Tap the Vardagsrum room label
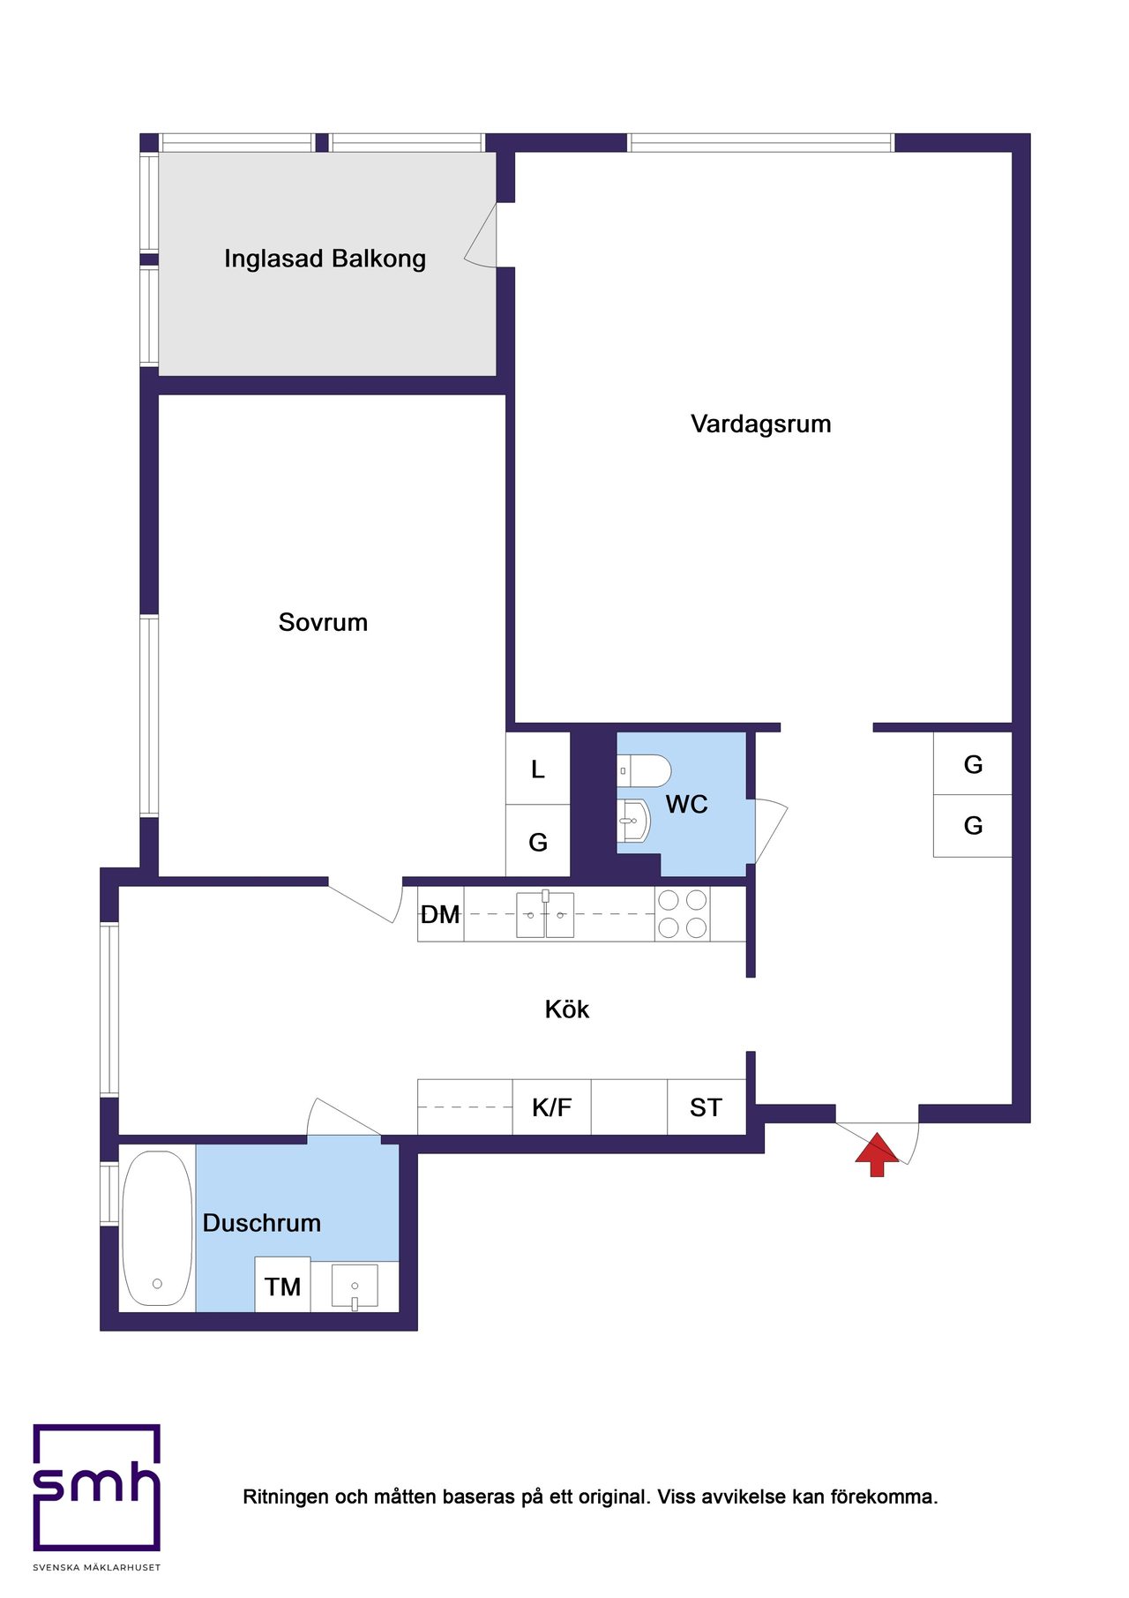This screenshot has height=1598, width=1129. pos(761,424)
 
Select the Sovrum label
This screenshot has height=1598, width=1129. pos(323,622)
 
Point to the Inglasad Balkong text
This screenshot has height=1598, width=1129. pos(325,259)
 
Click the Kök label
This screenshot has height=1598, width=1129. pos(566,1009)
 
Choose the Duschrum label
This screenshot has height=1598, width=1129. pos(262,1223)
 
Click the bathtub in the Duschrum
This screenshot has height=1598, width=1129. pos(157,1228)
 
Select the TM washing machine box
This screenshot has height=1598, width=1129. pos(282,1284)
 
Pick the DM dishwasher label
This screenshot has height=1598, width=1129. pos(440,914)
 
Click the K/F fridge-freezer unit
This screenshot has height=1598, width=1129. pos(551,1107)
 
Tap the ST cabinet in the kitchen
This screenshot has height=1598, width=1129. pos(707,1107)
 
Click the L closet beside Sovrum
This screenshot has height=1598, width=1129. pos(538,769)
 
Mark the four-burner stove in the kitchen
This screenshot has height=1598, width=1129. pos(683,913)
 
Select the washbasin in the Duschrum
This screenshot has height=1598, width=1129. pos(355,1286)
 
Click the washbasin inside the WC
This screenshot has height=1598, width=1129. pos(633,821)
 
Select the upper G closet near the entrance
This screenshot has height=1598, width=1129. pos(973,764)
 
